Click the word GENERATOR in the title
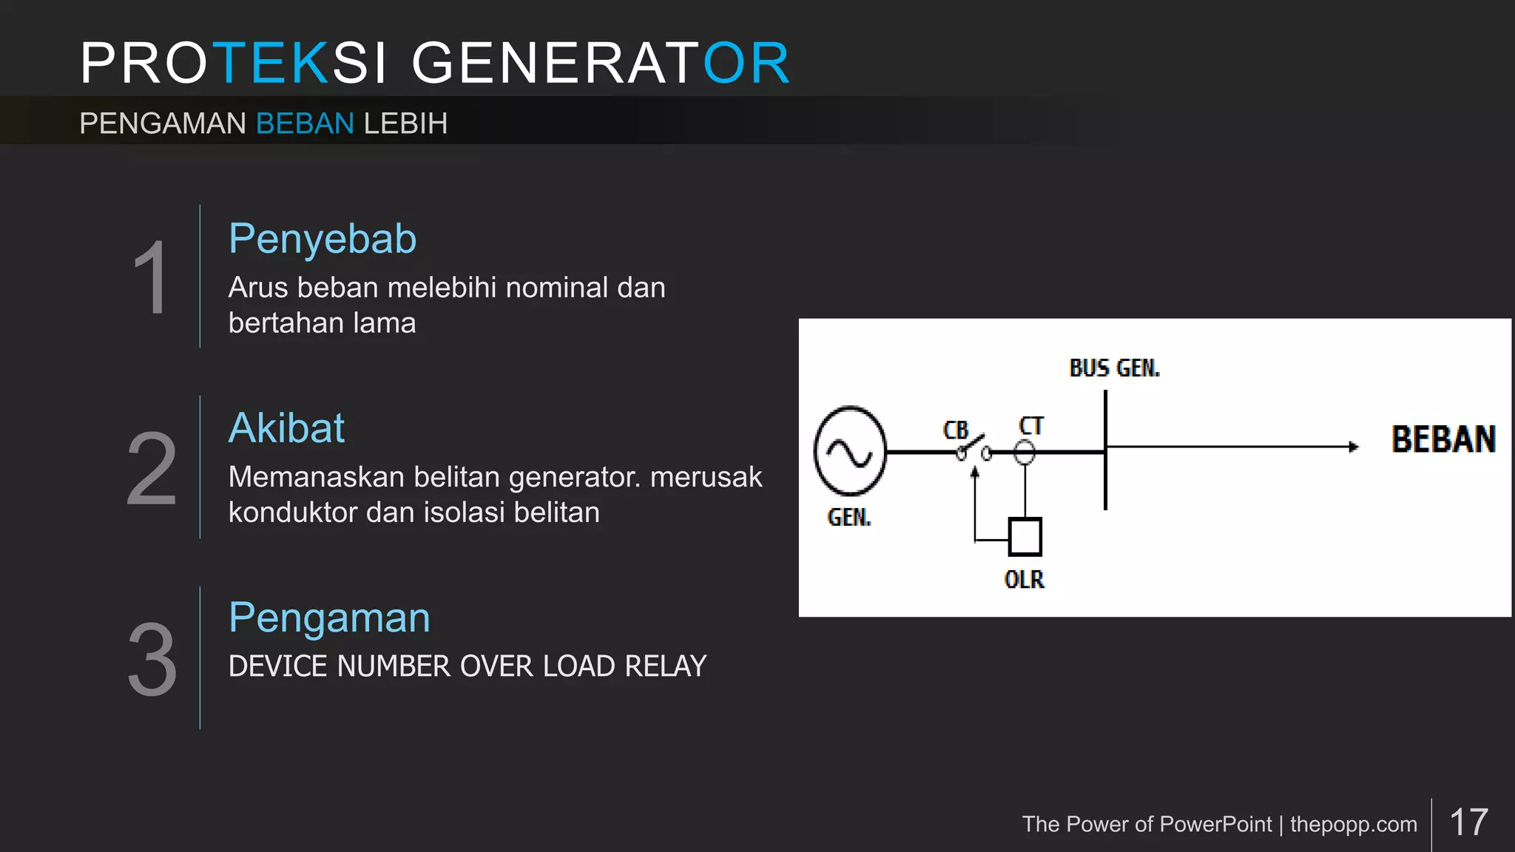601,64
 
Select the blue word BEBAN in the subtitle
305,124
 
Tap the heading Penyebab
323,239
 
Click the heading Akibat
286,428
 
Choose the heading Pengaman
329,618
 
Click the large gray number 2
152,469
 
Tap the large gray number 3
152,659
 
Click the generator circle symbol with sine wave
850,450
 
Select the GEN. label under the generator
849,517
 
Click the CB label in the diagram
956,430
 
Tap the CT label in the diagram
1031,426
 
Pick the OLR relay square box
1025,537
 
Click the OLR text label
1025,579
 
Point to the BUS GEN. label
1115,368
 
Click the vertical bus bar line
1105,481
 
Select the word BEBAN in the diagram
1443,439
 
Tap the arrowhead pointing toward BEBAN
1353,447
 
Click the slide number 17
1468,822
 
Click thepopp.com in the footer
1354,824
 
